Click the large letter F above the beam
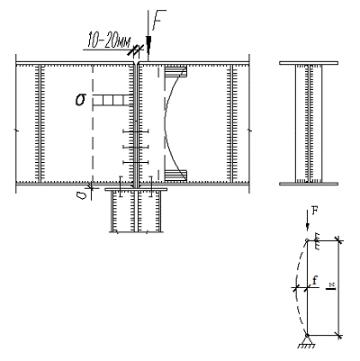pyautogui.click(x=158, y=20)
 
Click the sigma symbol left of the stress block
pyautogui.click(x=80, y=100)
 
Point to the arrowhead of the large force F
pyautogui.click(x=148, y=43)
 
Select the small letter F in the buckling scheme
pyautogui.click(x=314, y=211)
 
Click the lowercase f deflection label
pyautogui.click(x=314, y=281)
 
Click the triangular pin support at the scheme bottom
pyautogui.click(x=307, y=341)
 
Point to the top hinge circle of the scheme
pyautogui.click(x=306, y=240)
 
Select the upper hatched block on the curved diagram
pyautogui.click(x=175, y=71)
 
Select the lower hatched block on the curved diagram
pyautogui.click(x=175, y=176)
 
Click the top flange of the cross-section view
pyautogui.click(x=309, y=63)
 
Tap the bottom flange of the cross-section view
pyautogui.click(x=309, y=184)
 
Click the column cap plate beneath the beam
pyautogui.click(x=136, y=190)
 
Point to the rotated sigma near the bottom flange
pyautogui.click(x=81, y=195)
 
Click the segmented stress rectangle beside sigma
pyautogui.click(x=112, y=100)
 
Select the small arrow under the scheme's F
pyautogui.click(x=307, y=221)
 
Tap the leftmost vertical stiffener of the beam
pyautogui.click(x=40, y=123)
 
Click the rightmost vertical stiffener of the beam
pyautogui.click(x=231, y=123)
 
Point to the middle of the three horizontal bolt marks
pyautogui.click(x=136, y=147)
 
